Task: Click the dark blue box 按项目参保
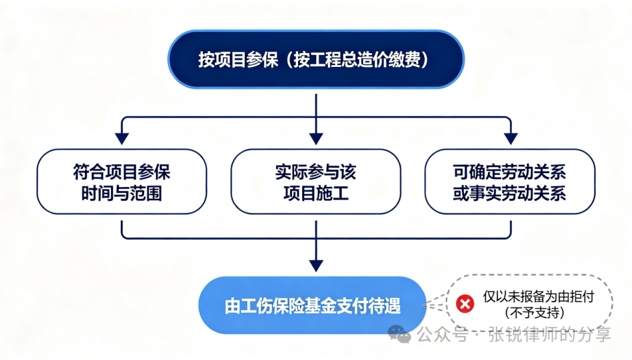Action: pyautogui.click(x=316, y=59)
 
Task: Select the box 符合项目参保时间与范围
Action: pyautogui.click(x=122, y=181)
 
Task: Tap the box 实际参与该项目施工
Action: pyautogui.click(x=316, y=181)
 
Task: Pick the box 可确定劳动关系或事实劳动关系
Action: pyautogui.click(x=510, y=181)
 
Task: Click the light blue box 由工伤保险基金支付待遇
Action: pyautogui.click(x=312, y=305)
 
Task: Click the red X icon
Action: pyautogui.click(x=465, y=304)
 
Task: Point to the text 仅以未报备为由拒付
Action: pyautogui.click(x=538, y=297)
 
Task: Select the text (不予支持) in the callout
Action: pyautogui.click(x=535, y=312)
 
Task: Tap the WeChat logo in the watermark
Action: pyautogui.click(x=399, y=334)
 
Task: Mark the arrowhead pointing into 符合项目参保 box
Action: pyautogui.click(x=122, y=139)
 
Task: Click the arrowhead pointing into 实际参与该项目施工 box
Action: pyautogui.click(x=316, y=139)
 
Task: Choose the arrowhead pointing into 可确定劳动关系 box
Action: pyautogui.click(x=511, y=139)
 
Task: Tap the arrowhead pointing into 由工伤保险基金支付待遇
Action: pyautogui.click(x=316, y=266)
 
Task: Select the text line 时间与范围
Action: pyautogui.click(x=122, y=193)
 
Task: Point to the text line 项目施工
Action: pyautogui.click(x=316, y=193)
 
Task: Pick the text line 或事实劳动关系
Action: pyautogui.click(x=510, y=193)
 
